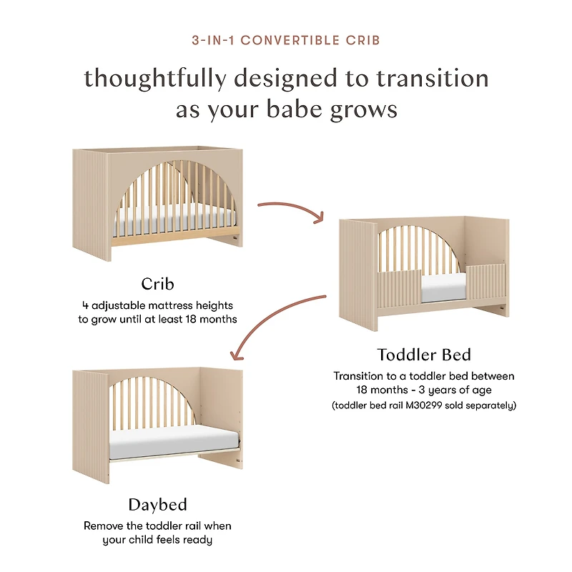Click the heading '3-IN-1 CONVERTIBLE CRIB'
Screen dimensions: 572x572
pyautogui.click(x=286, y=40)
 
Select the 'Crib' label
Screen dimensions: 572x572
pyautogui.click(x=157, y=284)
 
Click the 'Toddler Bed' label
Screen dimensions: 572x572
pyautogui.click(x=424, y=355)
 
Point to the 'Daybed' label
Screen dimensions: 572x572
pyautogui.click(x=157, y=505)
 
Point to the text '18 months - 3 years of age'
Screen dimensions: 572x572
pyautogui.click(x=423, y=390)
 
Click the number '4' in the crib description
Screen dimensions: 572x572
pyautogui.click(x=84, y=305)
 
